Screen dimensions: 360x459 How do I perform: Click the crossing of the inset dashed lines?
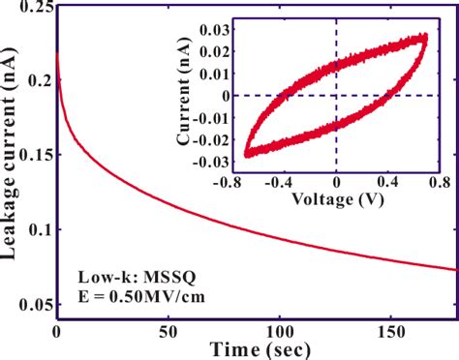pos(337,94)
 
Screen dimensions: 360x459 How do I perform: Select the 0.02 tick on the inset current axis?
pos(213,43)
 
